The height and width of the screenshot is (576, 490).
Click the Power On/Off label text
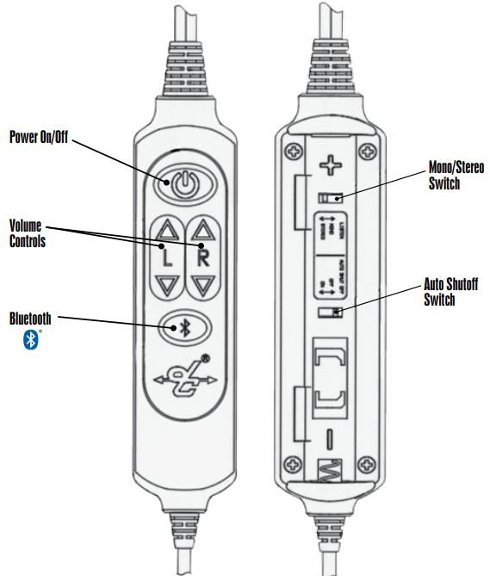(x=39, y=137)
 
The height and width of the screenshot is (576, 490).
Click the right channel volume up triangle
(x=203, y=230)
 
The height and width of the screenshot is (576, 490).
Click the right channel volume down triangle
(x=203, y=285)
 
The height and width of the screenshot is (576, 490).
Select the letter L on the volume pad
(x=165, y=257)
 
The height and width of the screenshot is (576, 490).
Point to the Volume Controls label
(x=27, y=233)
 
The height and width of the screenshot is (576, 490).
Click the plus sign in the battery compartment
(x=331, y=164)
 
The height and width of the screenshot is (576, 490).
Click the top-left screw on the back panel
(x=292, y=151)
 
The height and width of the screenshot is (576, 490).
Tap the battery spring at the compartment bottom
(x=330, y=472)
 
